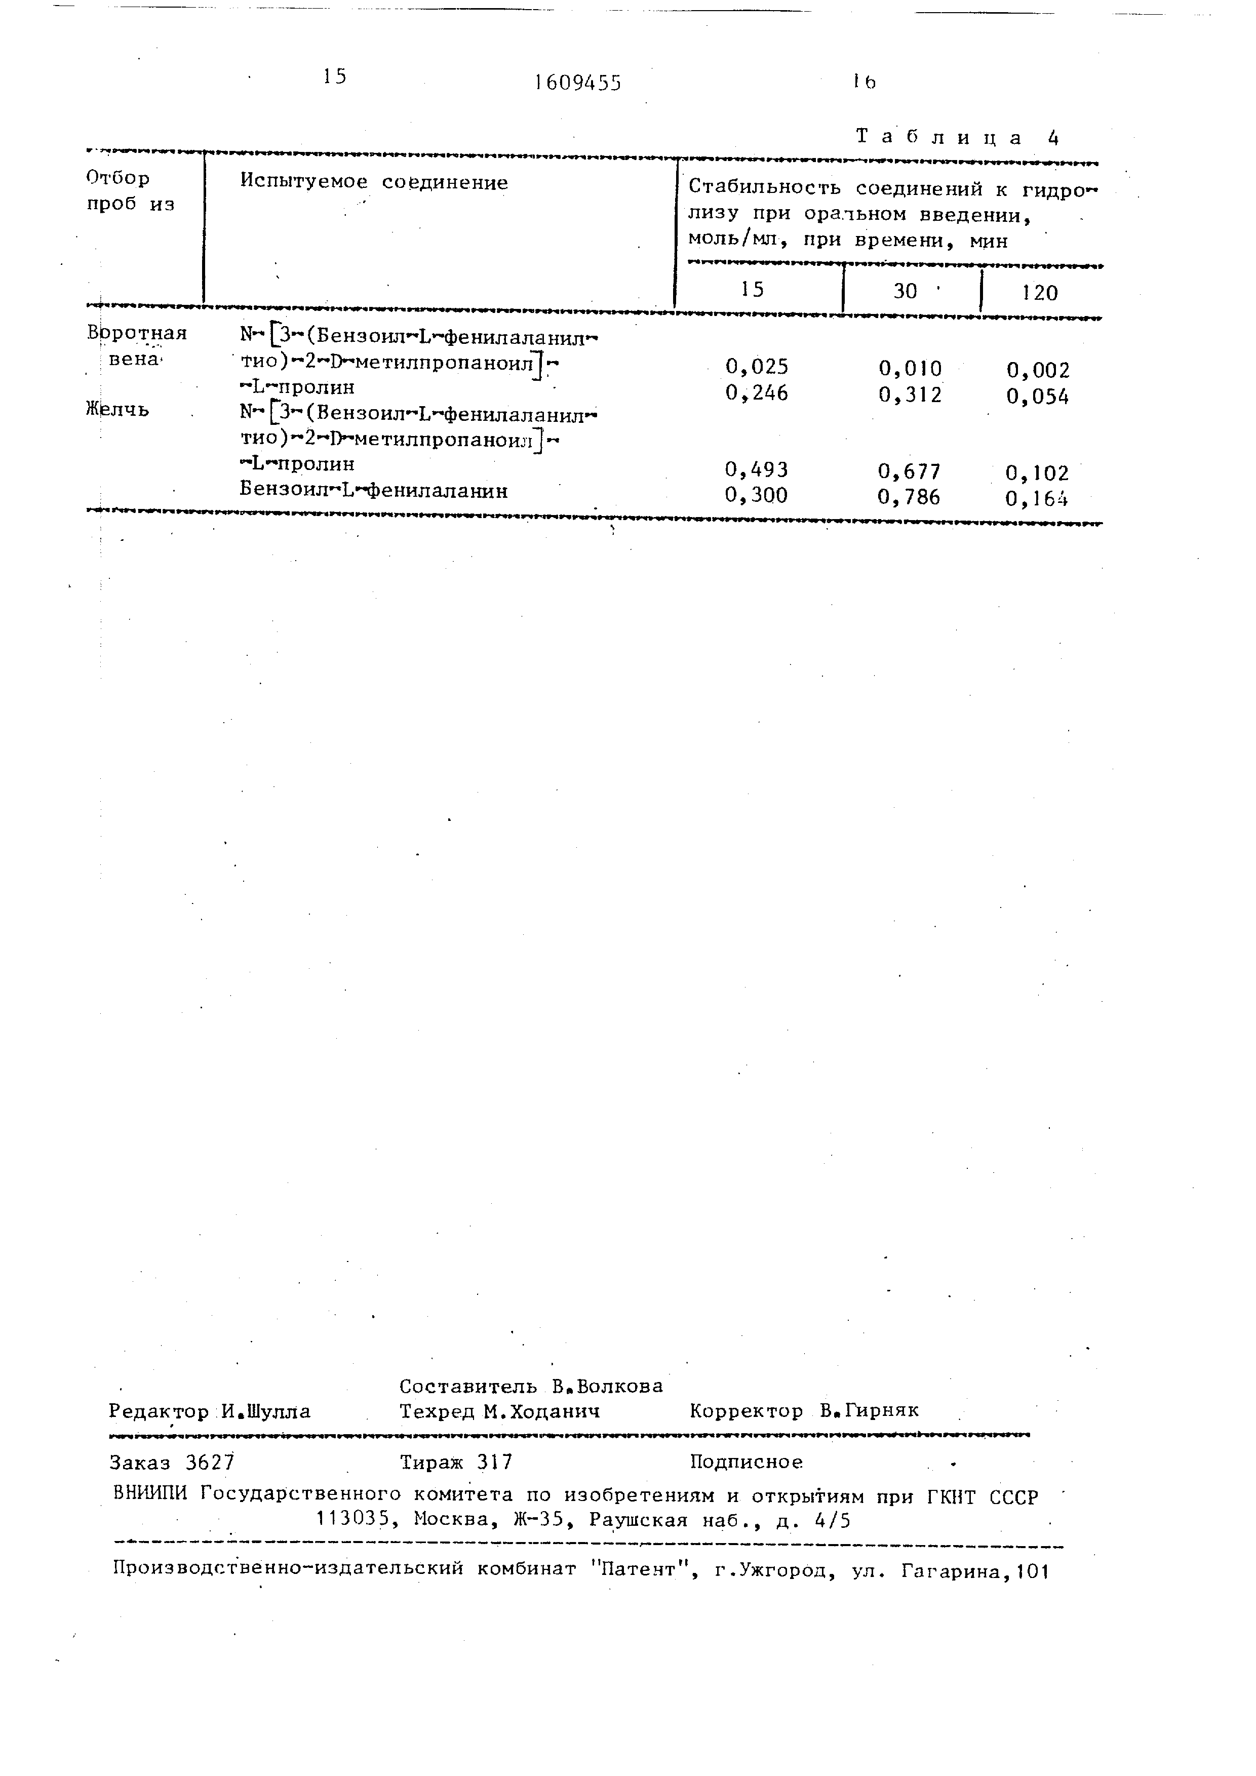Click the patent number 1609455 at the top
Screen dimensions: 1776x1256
click(x=578, y=83)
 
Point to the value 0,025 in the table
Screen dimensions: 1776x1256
click(x=756, y=367)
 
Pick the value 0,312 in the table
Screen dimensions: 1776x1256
click(x=910, y=396)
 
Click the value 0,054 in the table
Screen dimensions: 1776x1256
click(x=1038, y=397)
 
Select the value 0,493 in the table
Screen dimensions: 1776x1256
click(x=756, y=469)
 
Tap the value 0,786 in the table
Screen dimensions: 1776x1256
click(x=910, y=497)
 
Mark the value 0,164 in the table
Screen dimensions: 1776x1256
click(x=1037, y=499)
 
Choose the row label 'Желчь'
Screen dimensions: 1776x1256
click(x=117, y=409)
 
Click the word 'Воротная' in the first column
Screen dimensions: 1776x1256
click(x=137, y=333)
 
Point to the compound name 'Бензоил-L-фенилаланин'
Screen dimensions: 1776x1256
click(x=374, y=490)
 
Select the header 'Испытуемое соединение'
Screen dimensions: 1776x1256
click(x=374, y=182)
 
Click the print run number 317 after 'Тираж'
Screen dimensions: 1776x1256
click(x=494, y=1462)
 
